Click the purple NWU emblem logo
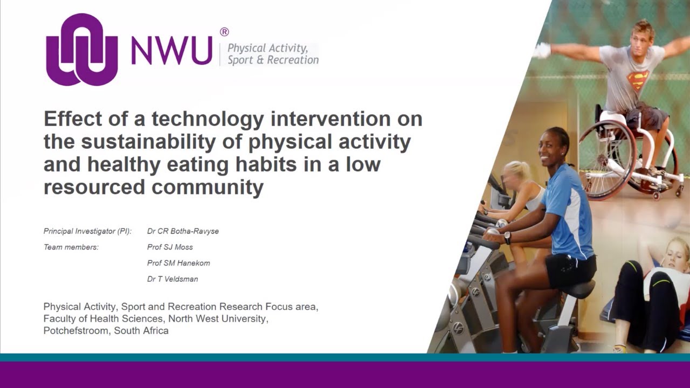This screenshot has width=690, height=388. [82, 50]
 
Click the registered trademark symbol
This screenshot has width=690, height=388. [224, 32]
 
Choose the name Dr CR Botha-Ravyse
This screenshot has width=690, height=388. [183, 231]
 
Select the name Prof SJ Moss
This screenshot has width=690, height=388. [170, 247]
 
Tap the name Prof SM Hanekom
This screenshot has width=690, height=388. [178, 263]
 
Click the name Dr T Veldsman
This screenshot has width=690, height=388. [172, 279]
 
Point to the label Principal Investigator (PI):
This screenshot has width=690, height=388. [87, 231]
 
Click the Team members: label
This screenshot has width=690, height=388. [71, 247]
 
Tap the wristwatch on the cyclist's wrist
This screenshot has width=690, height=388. [507, 238]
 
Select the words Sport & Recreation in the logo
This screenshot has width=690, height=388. [273, 60]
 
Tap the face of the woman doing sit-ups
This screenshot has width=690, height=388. [674, 253]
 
